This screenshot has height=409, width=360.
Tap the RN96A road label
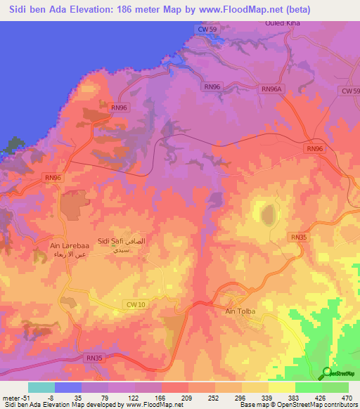[271, 89]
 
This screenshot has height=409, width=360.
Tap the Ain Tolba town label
[239, 311]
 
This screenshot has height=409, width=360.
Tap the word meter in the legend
[11, 397]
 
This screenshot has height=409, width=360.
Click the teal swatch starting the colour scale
[41, 387]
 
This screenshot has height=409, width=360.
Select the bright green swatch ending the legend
[335, 387]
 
